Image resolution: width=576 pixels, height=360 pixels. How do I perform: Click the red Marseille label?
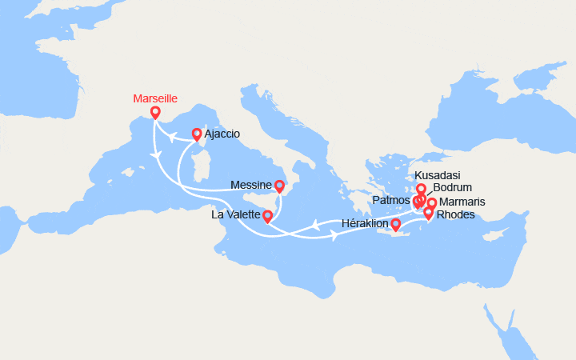(155, 98)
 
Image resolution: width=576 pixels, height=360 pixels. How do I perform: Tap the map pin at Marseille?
(155, 114)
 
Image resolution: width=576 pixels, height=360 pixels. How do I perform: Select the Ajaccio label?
(222, 134)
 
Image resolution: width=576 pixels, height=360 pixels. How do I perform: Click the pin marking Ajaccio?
(197, 134)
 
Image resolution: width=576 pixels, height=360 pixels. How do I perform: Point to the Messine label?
(250, 185)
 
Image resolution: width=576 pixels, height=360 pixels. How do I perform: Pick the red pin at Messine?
(279, 186)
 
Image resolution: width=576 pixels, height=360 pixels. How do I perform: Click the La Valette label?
(236, 216)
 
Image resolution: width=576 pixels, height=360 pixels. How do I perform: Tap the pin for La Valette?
(267, 217)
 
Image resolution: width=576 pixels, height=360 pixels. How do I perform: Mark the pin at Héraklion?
(395, 225)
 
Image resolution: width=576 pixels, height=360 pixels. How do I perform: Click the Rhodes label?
(456, 214)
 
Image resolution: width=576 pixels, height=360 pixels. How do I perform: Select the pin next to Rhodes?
(429, 213)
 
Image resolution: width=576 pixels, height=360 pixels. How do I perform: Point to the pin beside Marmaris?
(432, 204)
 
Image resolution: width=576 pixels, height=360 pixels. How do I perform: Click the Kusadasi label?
(438, 176)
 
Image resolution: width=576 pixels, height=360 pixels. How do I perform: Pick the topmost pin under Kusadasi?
(421, 190)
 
